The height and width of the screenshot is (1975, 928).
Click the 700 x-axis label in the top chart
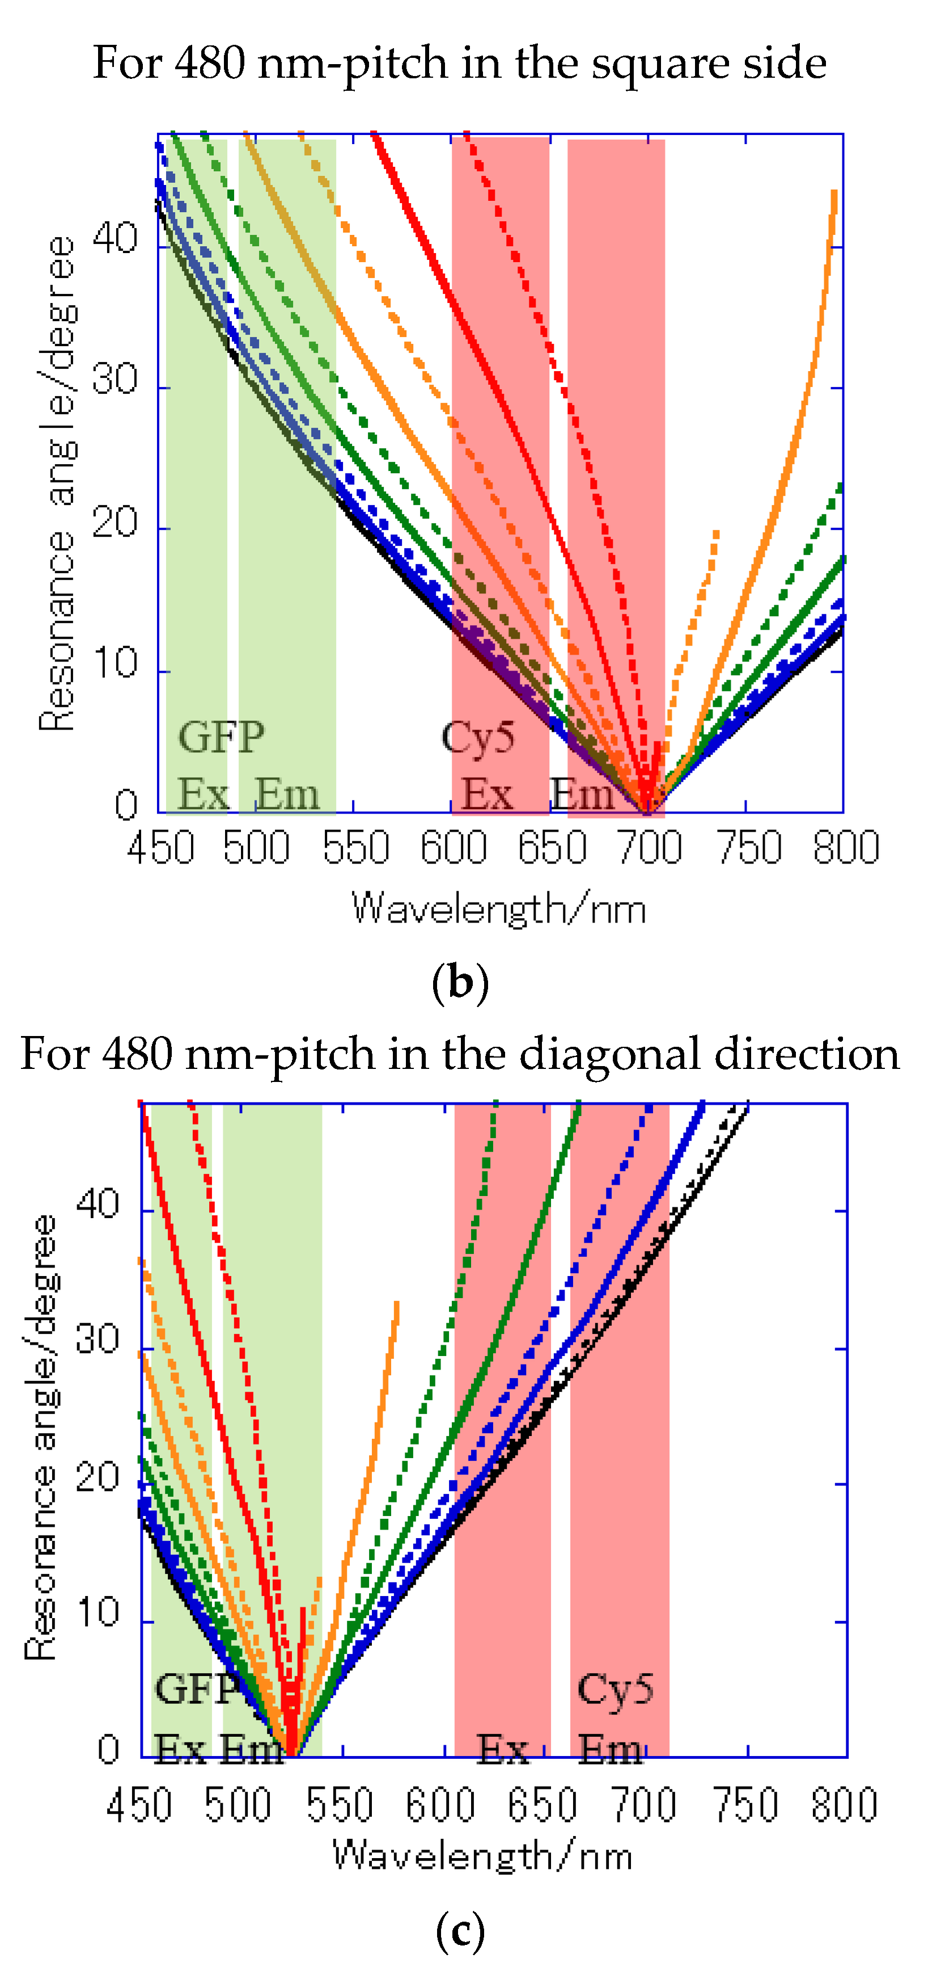pos(649,849)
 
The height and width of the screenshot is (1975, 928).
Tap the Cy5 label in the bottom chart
pos(615,1689)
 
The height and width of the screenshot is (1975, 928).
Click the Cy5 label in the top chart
pos(477,738)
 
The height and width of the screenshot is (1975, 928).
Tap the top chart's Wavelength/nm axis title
pos(498,909)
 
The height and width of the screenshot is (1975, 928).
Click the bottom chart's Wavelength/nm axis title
pos(483,1856)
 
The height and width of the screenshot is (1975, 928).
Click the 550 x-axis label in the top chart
pos(355,849)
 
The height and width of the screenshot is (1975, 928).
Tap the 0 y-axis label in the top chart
pos(126,805)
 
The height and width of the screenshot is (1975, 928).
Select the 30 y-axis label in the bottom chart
pos(98,1340)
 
